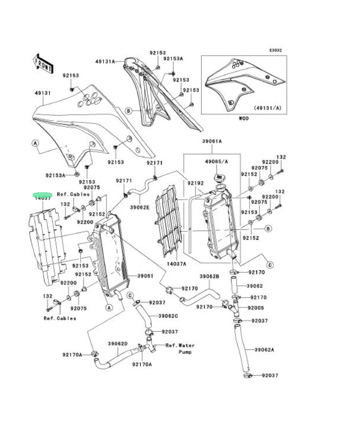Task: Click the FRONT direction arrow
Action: click(x=43, y=63)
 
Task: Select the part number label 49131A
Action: click(x=105, y=61)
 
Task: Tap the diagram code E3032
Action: click(x=276, y=50)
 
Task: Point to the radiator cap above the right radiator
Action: click(x=218, y=176)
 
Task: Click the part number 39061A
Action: click(x=212, y=141)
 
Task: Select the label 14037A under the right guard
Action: click(x=177, y=263)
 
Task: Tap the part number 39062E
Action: click(x=139, y=207)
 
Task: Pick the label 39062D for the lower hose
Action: click(x=118, y=344)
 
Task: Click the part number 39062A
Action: click(x=264, y=350)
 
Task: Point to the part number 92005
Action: click(x=255, y=308)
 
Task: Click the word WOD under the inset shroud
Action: click(x=244, y=118)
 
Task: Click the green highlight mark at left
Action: click(x=42, y=195)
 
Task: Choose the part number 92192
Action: click(x=195, y=184)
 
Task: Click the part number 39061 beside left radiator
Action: click(x=146, y=276)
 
